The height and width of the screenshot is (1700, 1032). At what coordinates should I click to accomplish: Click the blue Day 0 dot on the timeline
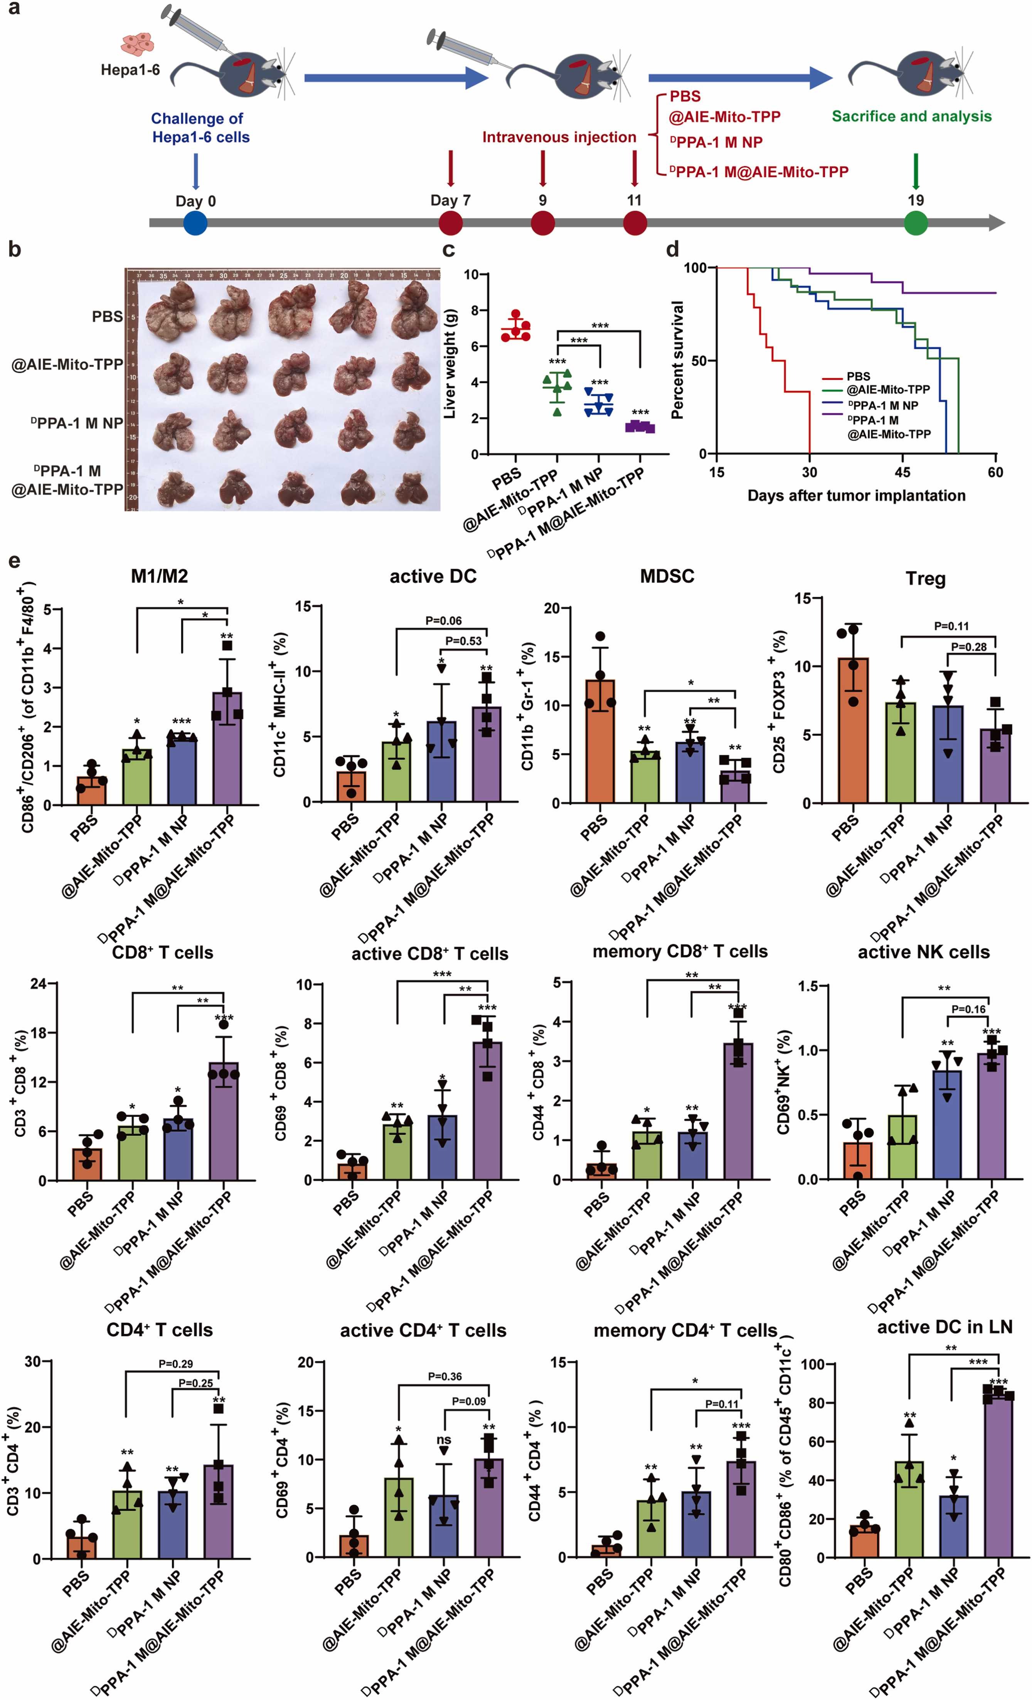[195, 223]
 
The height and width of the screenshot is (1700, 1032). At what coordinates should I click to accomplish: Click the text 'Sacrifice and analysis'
[911, 116]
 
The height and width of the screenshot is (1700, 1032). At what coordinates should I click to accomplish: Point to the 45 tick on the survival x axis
[902, 472]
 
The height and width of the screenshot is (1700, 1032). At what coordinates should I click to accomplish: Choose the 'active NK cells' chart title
[924, 952]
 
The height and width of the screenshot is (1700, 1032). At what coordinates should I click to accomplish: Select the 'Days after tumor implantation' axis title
[856, 495]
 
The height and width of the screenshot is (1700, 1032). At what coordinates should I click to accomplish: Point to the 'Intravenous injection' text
[559, 137]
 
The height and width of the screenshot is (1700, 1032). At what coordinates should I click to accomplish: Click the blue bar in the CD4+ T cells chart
[172, 1525]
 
